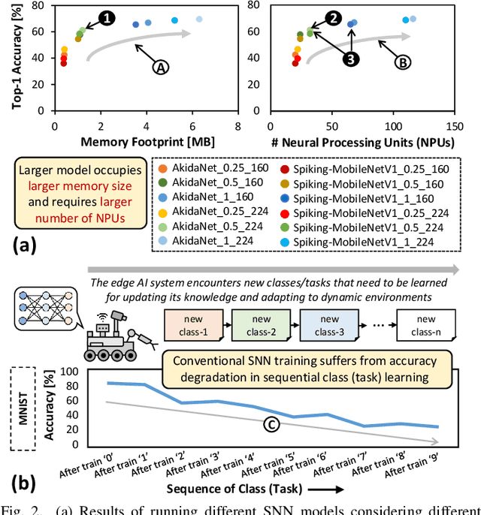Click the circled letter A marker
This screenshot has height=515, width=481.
[x=160, y=67]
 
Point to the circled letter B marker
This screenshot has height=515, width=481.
[x=403, y=64]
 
